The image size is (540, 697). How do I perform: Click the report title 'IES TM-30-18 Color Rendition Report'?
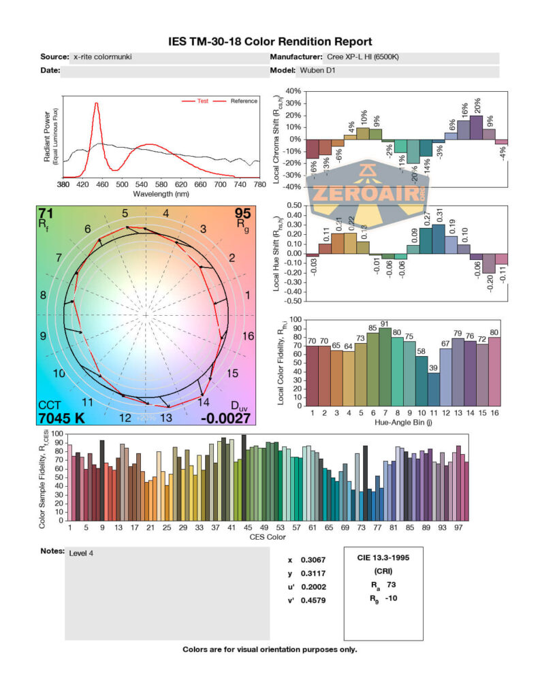pos(270,42)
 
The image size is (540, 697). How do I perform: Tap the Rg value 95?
pos(242,212)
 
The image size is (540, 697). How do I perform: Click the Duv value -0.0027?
pos(225,418)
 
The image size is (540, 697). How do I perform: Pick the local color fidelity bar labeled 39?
pos(434,389)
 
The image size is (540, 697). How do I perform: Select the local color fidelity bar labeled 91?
pos(385,366)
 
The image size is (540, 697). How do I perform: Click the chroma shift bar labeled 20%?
pos(477,127)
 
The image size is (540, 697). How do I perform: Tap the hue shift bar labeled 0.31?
pos(439,239)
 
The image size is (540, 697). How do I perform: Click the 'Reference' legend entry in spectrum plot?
pos(243,101)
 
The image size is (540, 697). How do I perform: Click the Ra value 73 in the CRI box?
pos(391,584)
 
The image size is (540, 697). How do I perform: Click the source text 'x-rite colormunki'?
pos(102,57)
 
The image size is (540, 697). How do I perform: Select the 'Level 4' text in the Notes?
pos(81,553)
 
